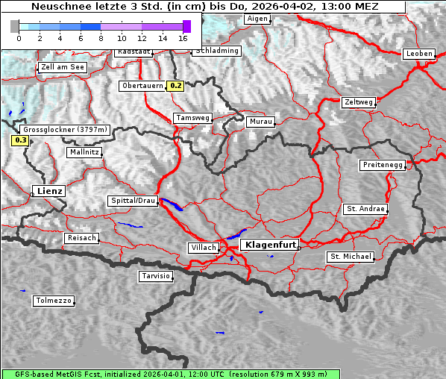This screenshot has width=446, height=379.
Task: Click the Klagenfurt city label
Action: tap(271, 245)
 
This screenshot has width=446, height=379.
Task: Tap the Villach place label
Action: tap(203, 248)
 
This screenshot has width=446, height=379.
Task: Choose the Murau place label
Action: tap(261, 121)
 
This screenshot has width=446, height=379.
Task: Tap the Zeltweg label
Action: tap(358, 102)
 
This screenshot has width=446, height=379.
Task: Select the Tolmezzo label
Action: tap(54, 301)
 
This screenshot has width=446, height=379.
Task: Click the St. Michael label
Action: tap(351, 257)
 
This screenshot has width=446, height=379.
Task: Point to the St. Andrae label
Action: tap(365, 209)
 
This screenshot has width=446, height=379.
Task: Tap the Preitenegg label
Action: tap(382, 164)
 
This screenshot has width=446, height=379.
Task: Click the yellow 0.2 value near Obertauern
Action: tap(175, 86)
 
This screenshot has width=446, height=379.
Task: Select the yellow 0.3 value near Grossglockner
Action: tap(20, 140)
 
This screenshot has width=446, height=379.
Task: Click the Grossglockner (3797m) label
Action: tap(66, 129)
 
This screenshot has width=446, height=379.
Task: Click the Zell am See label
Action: tap(63, 67)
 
